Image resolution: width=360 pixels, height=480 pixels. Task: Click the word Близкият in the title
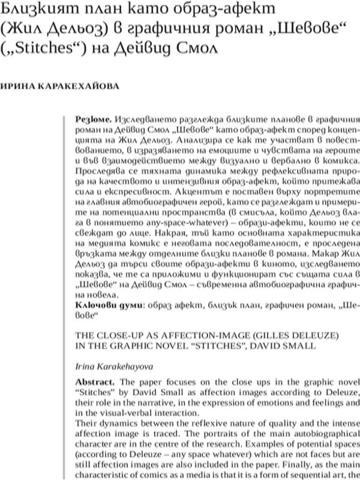[31, 10]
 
